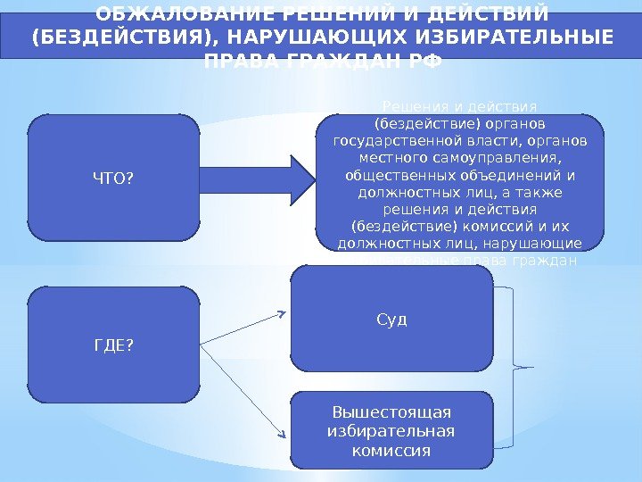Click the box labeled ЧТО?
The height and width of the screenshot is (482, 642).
(x=113, y=181)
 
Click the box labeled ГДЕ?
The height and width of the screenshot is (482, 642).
(x=113, y=345)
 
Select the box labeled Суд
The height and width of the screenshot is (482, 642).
(x=391, y=319)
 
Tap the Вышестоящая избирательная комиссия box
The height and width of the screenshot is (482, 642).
(x=391, y=431)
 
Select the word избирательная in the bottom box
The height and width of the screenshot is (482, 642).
(x=391, y=431)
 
